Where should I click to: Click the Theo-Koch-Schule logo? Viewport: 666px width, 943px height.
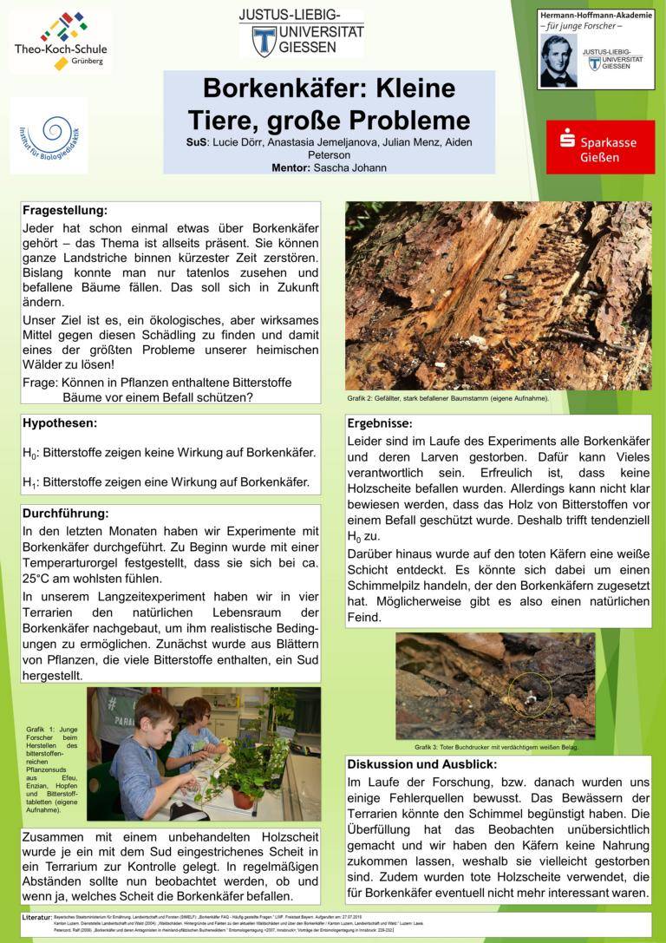pyautogui.click(x=59, y=41)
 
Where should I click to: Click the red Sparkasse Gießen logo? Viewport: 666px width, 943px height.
pyautogui.click(x=600, y=147)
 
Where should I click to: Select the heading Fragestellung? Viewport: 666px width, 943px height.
pyautogui.click(x=65, y=211)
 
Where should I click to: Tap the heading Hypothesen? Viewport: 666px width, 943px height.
pyautogui.click(x=60, y=423)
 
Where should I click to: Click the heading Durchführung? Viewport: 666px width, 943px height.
pyautogui.click(x=65, y=513)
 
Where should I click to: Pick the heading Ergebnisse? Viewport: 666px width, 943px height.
pyautogui.click(x=380, y=423)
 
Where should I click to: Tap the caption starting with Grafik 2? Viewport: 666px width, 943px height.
pyautogui.click(x=447, y=398)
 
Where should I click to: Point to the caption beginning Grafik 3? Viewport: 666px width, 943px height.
pyautogui.click(x=495, y=747)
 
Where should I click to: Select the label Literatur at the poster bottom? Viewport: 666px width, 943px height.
pyautogui.click(x=41, y=916)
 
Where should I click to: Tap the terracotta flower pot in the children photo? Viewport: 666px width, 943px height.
pyautogui.click(x=244, y=796)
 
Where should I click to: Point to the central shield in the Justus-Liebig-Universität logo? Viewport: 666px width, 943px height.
pyautogui.click(x=264, y=39)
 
